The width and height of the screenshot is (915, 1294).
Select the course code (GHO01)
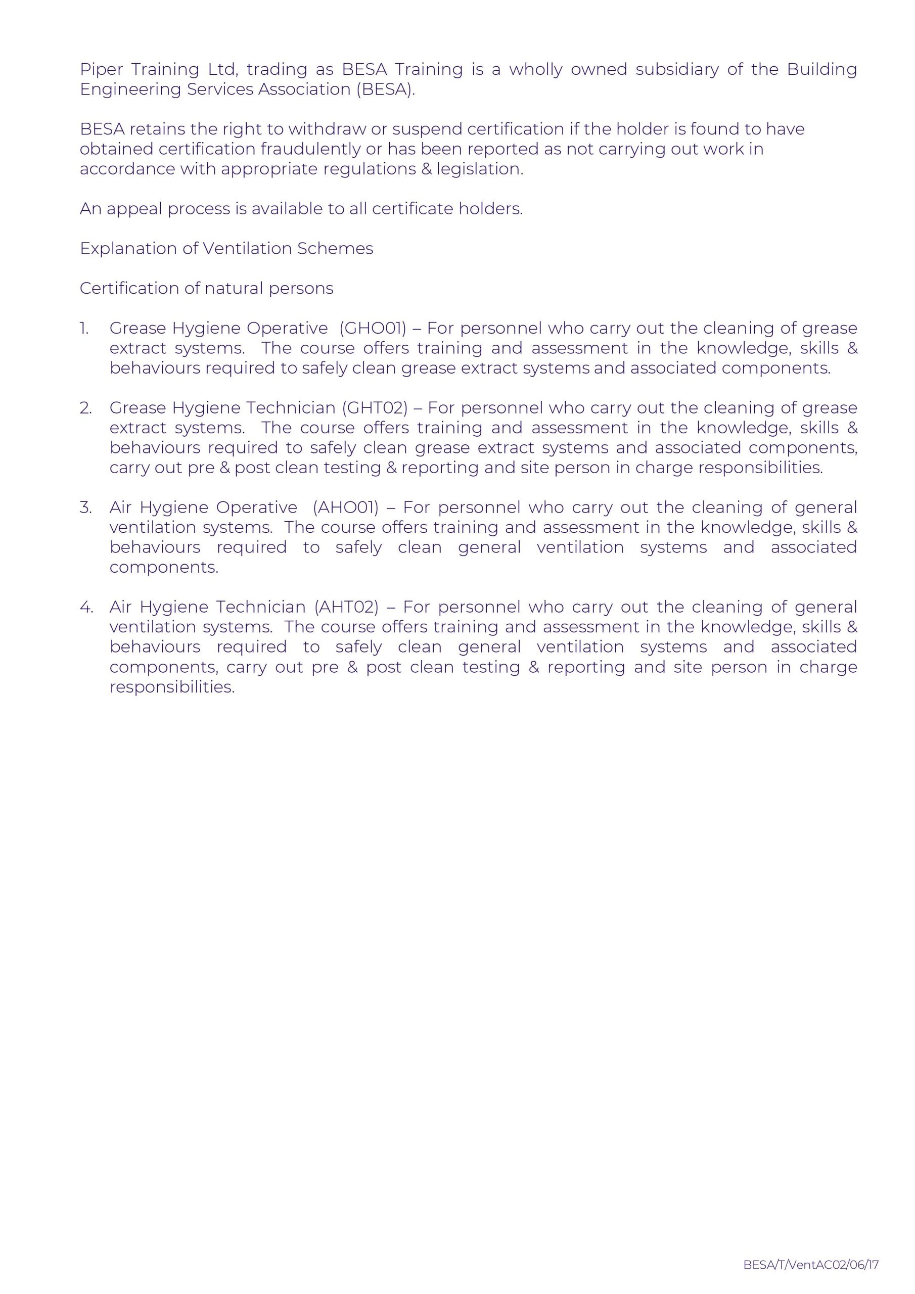[x=373, y=328]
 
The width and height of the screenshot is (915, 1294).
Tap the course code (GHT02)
[x=375, y=407]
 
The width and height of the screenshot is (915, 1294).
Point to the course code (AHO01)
[x=346, y=507]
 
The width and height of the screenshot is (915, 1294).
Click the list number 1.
[x=84, y=328]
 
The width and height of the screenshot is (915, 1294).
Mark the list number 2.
[x=86, y=407]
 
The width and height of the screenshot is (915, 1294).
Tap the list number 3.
[x=86, y=507]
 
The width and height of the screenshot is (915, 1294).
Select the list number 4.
[x=86, y=607]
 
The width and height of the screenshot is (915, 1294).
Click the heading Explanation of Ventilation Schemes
[x=226, y=249]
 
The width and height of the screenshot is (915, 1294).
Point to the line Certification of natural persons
[x=206, y=289]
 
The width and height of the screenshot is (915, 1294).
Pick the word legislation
[x=480, y=169]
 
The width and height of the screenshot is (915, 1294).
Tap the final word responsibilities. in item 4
[x=172, y=687]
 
